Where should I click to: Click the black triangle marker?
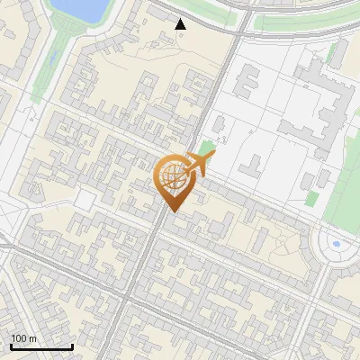tap(181, 24)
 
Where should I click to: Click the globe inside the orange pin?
tap(172, 178)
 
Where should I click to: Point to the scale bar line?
tap(41, 347)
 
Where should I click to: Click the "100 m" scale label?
tap(23, 338)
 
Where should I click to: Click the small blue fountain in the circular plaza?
tap(336, 243)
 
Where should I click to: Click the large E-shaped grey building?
tap(324, 99)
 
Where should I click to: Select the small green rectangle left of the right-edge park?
tap(311, 200)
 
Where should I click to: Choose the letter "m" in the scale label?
tap(32, 338)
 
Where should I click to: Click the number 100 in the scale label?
tap(19, 338)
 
